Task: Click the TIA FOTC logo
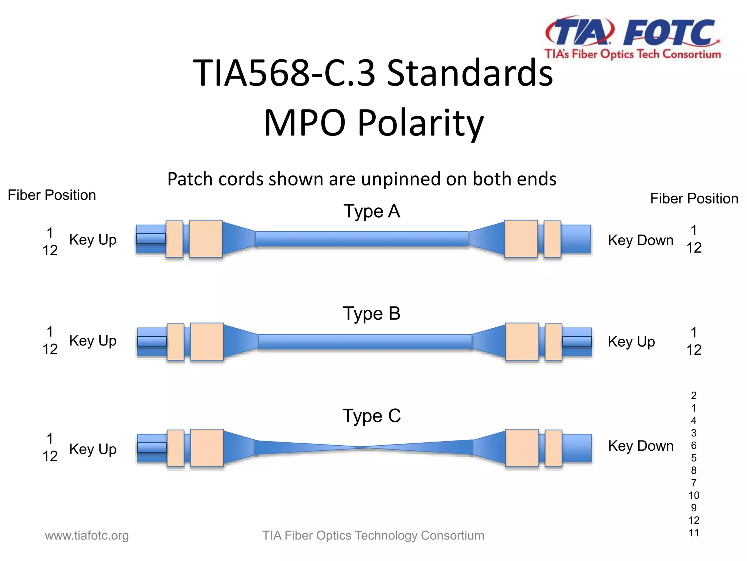coord(633,38)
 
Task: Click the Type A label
coord(372,211)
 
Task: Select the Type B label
coord(372,314)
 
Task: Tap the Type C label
coord(372,416)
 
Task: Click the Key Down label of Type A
coord(640,240)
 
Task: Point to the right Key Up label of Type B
coord(631,342)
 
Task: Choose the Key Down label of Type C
coord(640,446)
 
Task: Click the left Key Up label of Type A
coord(93,240)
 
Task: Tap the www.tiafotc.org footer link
coord(87,535)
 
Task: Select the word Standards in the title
coord(470,73)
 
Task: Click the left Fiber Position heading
coord(52,195)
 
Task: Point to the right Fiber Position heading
coord(694,199)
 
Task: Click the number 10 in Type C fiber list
coord(694,495)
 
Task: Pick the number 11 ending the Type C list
coord(694,533)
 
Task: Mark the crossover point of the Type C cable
coord(361,447)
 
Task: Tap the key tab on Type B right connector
coord(577,341)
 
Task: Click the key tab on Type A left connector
coord(151,238)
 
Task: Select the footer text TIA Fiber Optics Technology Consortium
coord(373,535)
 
